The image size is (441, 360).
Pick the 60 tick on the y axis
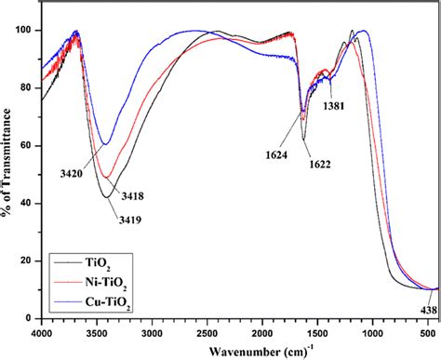pos(28,146)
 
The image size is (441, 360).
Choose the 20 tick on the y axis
pos(28,261)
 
